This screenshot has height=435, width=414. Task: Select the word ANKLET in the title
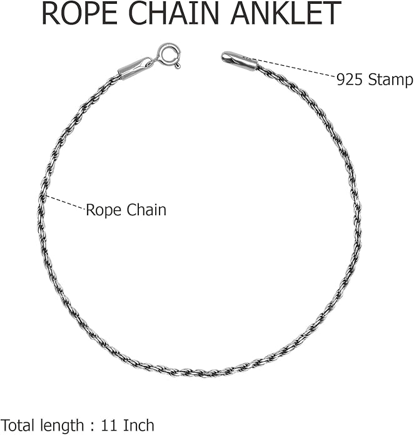286,13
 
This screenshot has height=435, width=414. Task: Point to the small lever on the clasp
178,66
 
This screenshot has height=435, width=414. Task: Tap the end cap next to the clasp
132,70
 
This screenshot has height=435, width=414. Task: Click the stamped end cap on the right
240,61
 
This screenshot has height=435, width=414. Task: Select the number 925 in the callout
350,80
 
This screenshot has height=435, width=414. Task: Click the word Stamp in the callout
390,81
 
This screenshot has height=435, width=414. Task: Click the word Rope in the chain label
103,211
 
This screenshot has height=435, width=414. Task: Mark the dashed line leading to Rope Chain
66,203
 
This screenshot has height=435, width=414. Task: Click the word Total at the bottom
19,426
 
